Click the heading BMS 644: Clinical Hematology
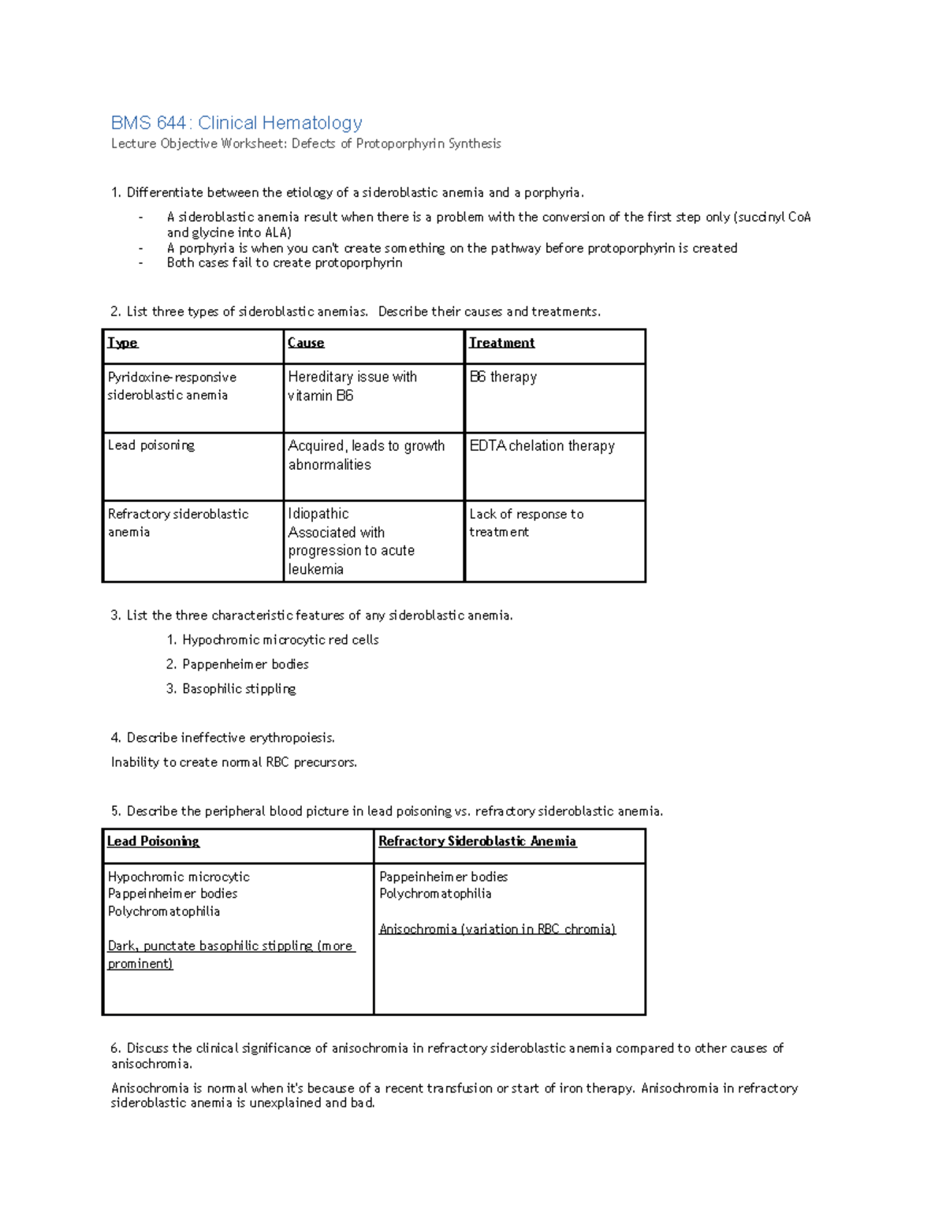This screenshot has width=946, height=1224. [x=236, y=123]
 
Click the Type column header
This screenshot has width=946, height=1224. [x=122, y=343]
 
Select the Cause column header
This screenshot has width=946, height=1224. [x=306, y=343]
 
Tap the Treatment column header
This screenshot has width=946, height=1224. [x=501, y=343]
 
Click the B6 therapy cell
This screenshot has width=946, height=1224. [x=503, y=377]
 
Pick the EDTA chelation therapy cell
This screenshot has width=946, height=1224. [x=542, y=446]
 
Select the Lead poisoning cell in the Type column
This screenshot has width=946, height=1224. [x=151, y=445]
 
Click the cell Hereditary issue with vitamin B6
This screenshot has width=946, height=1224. [x=352, y=386]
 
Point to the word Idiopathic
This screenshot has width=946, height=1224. [x=318, y=514]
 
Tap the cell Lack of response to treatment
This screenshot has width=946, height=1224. [x=526, y=523]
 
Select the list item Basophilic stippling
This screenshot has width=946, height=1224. [x=239, y=689]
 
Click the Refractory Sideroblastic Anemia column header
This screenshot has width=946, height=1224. [x=477, y=842]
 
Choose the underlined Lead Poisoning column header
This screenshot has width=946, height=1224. [x=153, y=842]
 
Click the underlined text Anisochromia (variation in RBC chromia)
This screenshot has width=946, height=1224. [x=497, y=929]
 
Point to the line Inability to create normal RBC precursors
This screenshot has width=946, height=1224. [x=234, y=762]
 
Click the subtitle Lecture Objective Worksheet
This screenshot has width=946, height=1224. [x=305, y=143]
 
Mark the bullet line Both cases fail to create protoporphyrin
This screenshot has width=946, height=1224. [x=284, y=263]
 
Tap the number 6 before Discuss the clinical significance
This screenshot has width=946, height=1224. [x=115, y=1048]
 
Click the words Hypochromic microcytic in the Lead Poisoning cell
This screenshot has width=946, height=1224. [x=178, y=877]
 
